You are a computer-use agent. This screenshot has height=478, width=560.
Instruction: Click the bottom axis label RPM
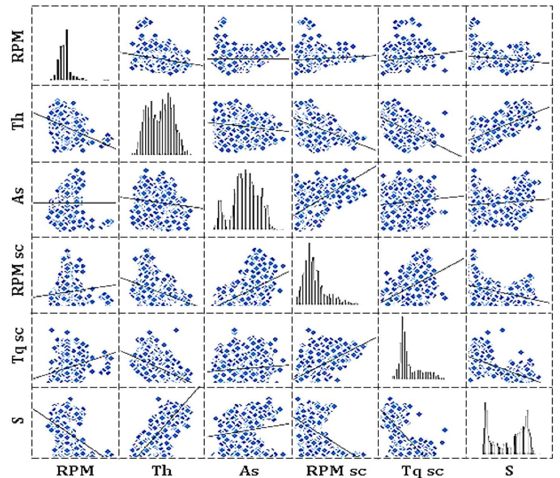click(x=75, y=470)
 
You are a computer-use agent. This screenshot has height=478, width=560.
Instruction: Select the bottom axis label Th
click(x=162, y=470)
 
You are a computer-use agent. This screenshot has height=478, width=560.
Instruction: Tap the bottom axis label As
click(x=249, y=470)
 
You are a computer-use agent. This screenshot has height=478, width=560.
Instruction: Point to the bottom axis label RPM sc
click(x=336, y=470)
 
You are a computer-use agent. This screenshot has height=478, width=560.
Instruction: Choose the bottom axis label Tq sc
click(x=422, y=470)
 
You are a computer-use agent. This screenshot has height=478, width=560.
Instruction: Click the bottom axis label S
click(x=509, y=470)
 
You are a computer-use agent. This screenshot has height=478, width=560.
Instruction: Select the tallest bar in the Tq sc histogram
click(x=402, y=346)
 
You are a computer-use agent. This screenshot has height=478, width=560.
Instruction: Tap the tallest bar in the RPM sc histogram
click(x=309, y=273)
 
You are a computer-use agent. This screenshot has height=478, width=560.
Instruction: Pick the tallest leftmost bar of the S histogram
click(x=485, y=427)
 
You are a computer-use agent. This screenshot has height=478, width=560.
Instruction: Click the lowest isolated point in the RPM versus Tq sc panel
click(x=445, y=70)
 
